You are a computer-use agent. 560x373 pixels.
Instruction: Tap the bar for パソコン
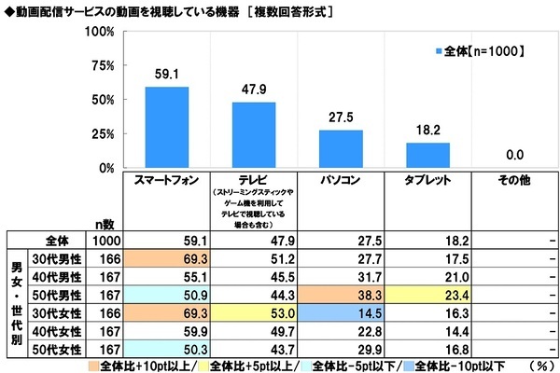tap(341, 149)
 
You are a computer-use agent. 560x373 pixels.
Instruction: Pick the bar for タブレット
tap(428, 156)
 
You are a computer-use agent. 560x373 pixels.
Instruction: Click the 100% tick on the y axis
tap(100, 31)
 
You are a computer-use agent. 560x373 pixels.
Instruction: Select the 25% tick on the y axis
tap(104, 134)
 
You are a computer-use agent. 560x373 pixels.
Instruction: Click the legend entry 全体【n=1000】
tap(481, 50)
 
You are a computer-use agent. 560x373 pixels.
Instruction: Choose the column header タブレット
tap(428, 179)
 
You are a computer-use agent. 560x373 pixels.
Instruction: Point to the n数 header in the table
tap(105, 224)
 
